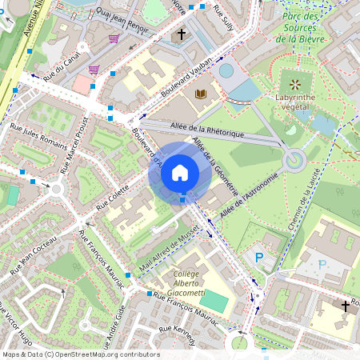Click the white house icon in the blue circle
coord(180,172)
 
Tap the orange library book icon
coord(200,94)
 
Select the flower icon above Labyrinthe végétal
coord(296,83)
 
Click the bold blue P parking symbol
coord(258,258)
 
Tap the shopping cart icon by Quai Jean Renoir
coord(114,38)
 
